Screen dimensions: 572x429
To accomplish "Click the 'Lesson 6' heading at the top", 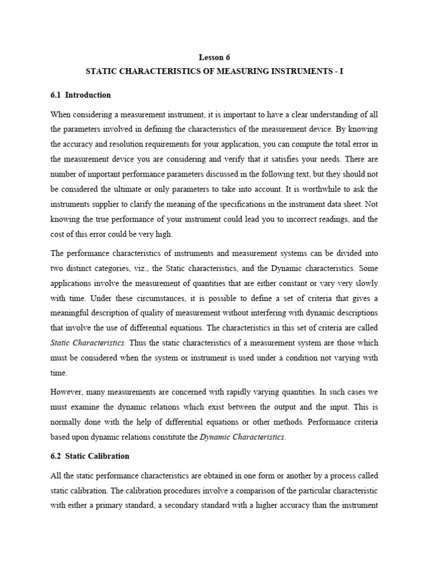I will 214,57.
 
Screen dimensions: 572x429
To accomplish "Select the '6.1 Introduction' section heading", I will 80,95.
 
